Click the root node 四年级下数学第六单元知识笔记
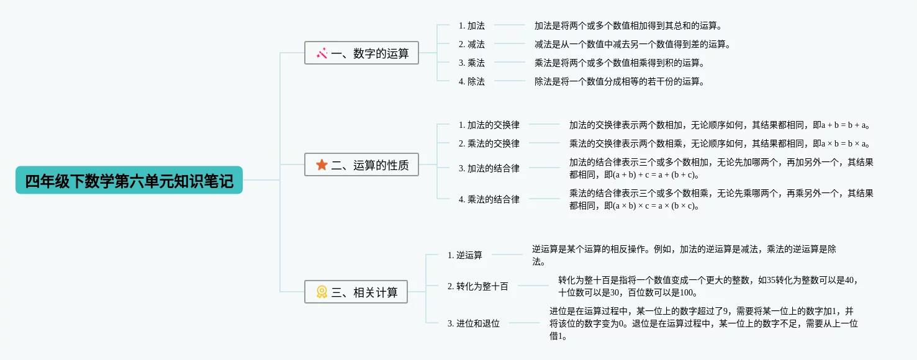[129, 181]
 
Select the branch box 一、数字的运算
[361, 53]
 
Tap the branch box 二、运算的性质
[361, 164]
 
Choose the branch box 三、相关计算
[356, 292]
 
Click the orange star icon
[322, 164]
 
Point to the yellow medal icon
[322, 292]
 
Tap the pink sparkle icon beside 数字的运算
[322, 53]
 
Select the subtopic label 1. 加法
[471, 25]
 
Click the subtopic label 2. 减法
[471, 44]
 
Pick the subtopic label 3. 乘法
[471, 63]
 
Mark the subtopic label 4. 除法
[471, 81]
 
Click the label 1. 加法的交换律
[489, 125]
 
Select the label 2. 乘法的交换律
[489, 143]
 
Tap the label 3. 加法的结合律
[489, 168]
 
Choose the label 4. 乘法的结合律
[489, 199]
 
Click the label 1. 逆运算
[464, 255]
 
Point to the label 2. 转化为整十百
[477, 286]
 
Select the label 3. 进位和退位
[473, 323]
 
